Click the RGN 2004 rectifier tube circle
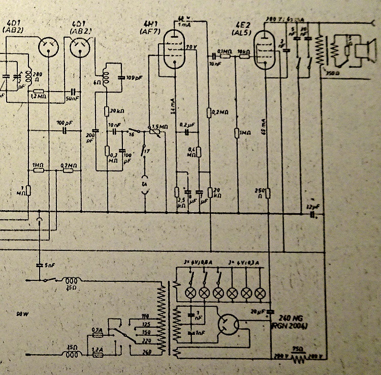(x=226, y=324)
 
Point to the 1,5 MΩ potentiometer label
(x=161, y=126)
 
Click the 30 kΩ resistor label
(x=119, y=111)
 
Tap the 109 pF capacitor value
(x=126, y=77)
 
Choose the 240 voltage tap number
(x=147, y=351)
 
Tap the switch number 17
(x=146, y=151)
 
